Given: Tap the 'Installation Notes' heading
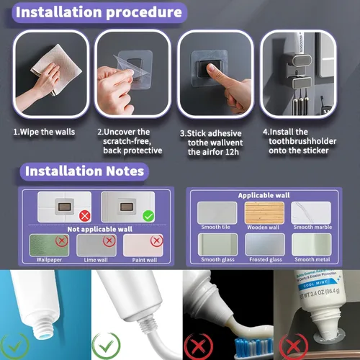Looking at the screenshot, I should click(84, 171).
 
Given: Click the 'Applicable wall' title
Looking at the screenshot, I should click(264, 195).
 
